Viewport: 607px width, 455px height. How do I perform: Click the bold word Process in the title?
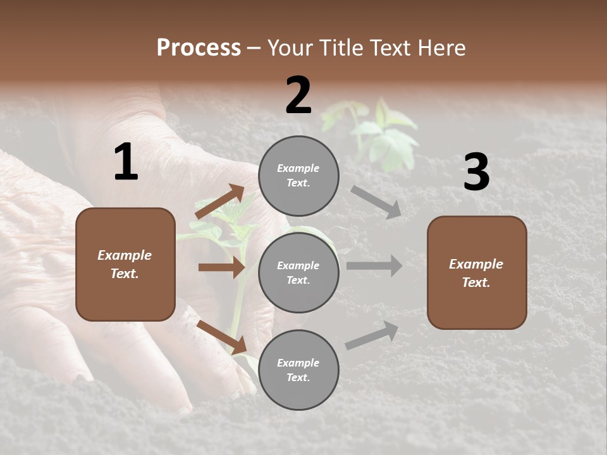pyautogui.click(x=199, y=48)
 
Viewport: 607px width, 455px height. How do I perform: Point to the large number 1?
pyautogui.click(x=126, y=162)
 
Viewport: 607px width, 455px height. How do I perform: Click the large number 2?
pyautogui.click(x=298, y=95)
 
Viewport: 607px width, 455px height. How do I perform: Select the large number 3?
pyautogui.click(x=476, y=172)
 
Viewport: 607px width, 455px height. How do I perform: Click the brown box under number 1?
pyautogui.click(x=125, y=264)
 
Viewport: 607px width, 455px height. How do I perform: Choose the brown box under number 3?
pyautogui.click(x=477, y=272)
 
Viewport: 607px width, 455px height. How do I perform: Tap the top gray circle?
pyautogui.click(x=298, y=176)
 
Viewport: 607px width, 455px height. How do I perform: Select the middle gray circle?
pyautogui.click(x=298, y=272)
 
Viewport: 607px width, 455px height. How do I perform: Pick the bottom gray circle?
pyautogui.click(x=298, y=370)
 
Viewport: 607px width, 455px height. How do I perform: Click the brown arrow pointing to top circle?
pyautogui.click(x=221, y=202)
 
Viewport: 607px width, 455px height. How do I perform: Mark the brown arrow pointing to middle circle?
pyautogui.click(x=221, y=267)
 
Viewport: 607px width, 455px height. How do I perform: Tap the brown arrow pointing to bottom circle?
pyautogui.click(x=221, y=337)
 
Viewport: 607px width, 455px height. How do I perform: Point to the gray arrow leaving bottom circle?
pyautogui.click(x=372, y=335)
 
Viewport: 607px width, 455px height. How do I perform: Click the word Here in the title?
pyautogui.click(x=443, y=48)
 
